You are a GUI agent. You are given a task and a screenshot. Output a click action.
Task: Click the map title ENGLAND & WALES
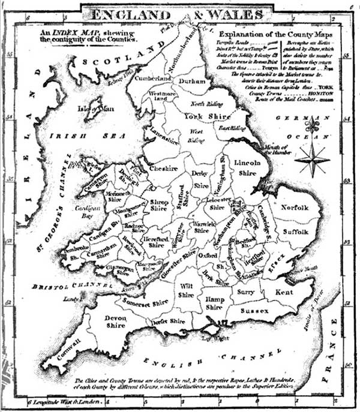179,12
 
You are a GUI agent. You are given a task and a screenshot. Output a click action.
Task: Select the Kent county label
284,292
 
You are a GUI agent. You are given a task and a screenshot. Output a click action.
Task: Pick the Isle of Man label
92,109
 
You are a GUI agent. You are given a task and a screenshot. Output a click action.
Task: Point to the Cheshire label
164,169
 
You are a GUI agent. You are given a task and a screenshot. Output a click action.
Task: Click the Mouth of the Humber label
275,150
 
